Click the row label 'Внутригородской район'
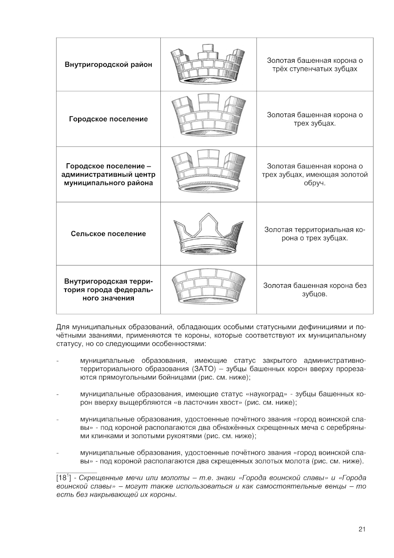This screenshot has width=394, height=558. (108, 65)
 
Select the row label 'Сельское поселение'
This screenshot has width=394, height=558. (108, 234)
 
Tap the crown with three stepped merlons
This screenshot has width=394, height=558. (208, 65)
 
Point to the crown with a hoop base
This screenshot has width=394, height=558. (208, 174)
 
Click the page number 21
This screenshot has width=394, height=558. (362, 529)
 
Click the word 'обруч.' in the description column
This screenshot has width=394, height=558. (315, 183)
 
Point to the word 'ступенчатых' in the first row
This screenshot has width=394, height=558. (314, 69)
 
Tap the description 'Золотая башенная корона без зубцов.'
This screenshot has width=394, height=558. (315, 290)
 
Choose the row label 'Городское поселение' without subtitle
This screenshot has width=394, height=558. (108, 119)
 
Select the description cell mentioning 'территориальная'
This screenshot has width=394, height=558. (315, 233)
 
